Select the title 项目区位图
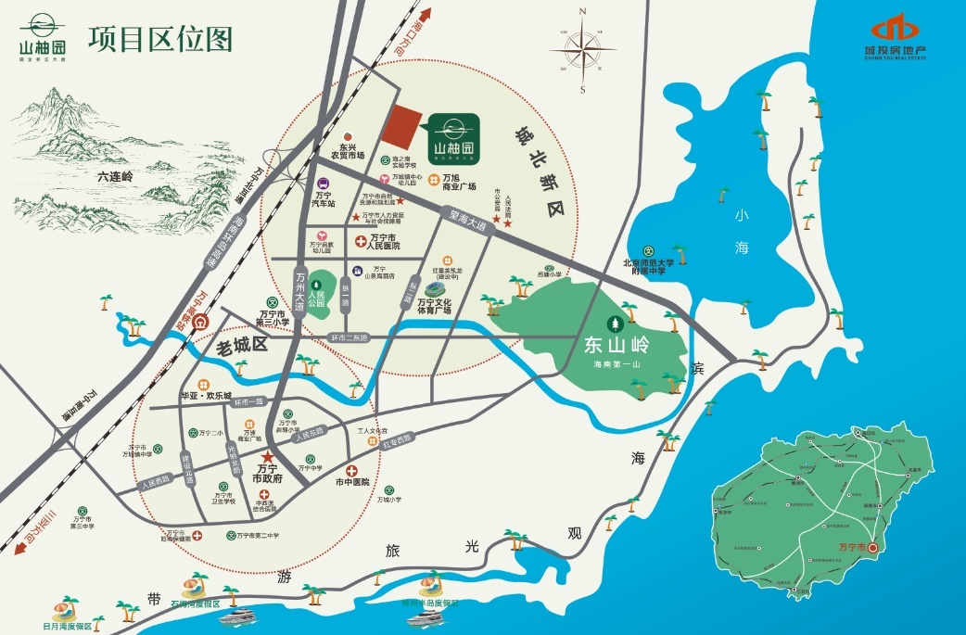coord(159,40)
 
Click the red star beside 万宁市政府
coord(268,457)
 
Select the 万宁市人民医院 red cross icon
coord(362,240)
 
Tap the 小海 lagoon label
coord(741,232)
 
